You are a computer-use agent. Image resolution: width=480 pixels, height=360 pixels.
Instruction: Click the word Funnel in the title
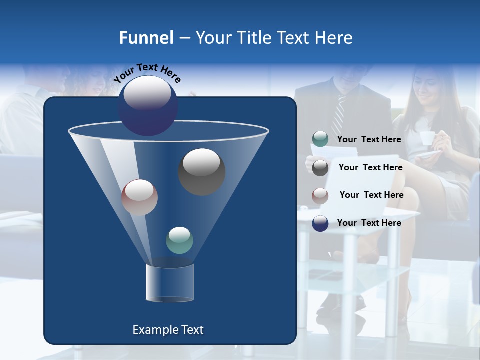pos(146,38)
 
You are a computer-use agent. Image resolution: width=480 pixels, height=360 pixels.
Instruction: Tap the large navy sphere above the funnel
pos(148,106)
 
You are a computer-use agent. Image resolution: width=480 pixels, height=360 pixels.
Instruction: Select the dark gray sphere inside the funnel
pos(201,172)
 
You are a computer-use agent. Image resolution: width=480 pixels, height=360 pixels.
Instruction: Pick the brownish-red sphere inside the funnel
pos(139,197)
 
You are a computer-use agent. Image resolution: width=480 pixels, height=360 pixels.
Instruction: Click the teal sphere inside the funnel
pos(179,240)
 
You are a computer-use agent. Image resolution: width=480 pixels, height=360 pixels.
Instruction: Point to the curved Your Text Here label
pos(147,73)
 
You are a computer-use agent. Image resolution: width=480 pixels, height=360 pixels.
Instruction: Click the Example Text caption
pos(168,330)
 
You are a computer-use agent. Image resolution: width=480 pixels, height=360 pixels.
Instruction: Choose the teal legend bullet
pos(320,139)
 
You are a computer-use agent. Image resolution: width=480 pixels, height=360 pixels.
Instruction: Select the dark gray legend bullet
pos(320,168)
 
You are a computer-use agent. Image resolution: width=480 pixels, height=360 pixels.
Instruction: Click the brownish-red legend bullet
pos(320,195)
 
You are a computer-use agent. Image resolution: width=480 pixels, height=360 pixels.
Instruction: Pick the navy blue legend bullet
pos(320,223)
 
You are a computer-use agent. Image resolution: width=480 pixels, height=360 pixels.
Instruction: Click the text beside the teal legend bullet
pos(369,139)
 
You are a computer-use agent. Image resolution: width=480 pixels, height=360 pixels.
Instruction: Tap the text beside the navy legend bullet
pos(369,223)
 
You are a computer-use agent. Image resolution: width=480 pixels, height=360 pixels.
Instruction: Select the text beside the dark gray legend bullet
pos(370,167)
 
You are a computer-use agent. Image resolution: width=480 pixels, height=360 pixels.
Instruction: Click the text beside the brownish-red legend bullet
pos(371,195)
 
